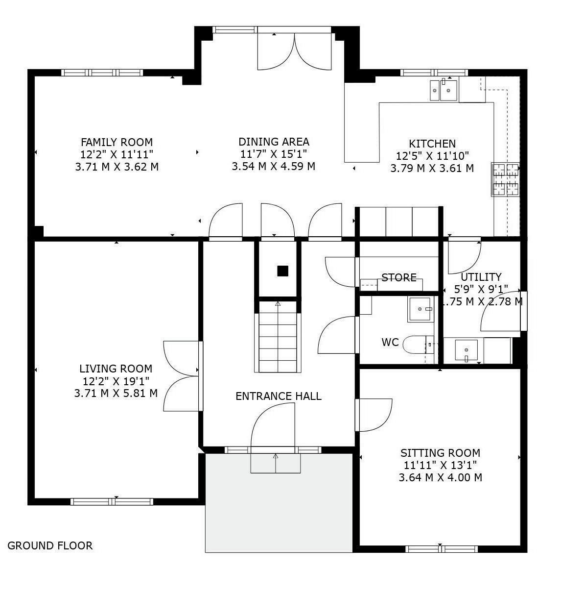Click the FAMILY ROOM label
(x=117, y=142)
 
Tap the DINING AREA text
(x=274, y=142)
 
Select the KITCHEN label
(x=432, y=144)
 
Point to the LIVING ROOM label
(x=116, y=369)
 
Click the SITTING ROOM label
(x=440, y=453)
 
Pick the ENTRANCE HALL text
(x=279, y=396)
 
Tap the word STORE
(x=399, y=277)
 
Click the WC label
(x=390, y=342)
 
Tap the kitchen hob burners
(x=506, y=179)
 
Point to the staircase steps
(x=278, y=337)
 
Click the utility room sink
(x=467, y=350)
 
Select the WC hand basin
(x=420, y=309)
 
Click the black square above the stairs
(x=283, y=271)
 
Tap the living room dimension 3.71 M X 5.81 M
(x=116, y=394)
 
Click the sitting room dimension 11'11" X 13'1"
(x=440, y=465)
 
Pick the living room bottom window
(x=112, y=501)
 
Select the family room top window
(x=102, y=73)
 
